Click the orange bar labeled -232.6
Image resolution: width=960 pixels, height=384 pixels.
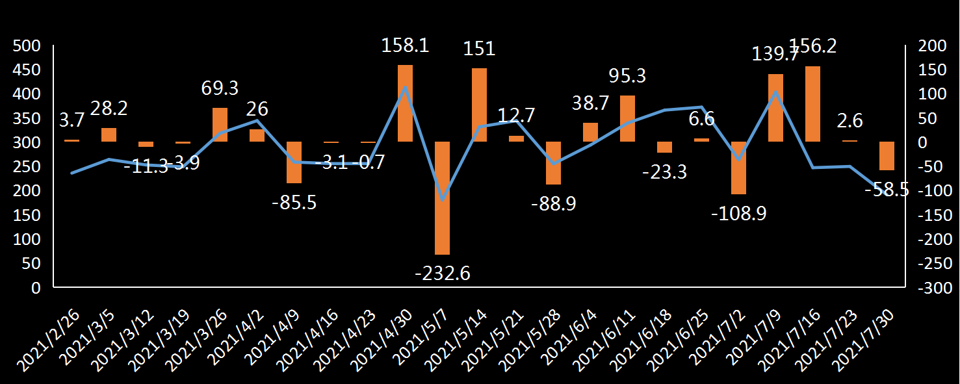pos(442,198)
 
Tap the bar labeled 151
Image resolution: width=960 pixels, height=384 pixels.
pos(479,105)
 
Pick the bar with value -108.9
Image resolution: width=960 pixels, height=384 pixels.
pos(738,168)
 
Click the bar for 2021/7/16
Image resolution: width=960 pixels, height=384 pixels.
pos(812,103)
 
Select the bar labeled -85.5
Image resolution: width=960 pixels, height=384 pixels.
pos(294,162)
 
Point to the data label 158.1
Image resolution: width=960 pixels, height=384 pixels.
pos(405,46)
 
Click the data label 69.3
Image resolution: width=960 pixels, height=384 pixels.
pos(220,88)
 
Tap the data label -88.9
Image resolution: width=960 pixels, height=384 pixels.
pos(553,203)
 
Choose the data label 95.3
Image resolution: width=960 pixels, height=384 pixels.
pos(627,76)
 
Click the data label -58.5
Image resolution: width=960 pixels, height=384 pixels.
pos(887,190)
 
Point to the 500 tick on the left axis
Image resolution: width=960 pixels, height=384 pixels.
pos(27,46)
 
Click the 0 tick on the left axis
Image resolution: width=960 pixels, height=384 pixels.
pos(36,288)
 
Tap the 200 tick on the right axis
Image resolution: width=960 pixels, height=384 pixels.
pos(930,46)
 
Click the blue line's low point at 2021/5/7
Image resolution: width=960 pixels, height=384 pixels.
pos(442,199)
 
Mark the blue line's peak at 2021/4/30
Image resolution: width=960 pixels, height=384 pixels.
pos(405,87)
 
